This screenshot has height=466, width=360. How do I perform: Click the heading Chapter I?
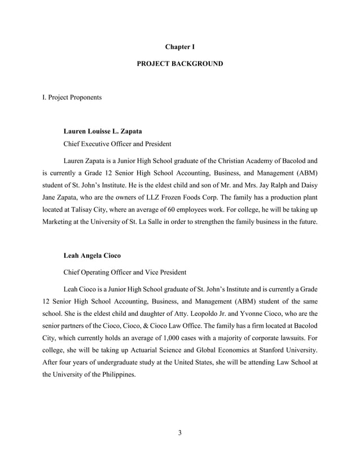point(179,46)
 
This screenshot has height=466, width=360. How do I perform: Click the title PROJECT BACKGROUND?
point(179,64)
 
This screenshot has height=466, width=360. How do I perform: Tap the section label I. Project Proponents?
point(72,98)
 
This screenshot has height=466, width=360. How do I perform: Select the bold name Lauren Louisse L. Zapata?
point(103,131)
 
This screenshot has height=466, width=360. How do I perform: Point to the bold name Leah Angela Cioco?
point(92,256)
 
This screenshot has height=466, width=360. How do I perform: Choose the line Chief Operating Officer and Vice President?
point(125,272)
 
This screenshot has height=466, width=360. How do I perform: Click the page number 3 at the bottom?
point(179,433)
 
